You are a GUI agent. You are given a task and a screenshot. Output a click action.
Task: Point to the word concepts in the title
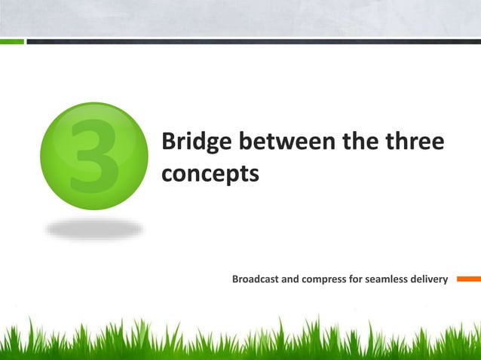coord(210,173)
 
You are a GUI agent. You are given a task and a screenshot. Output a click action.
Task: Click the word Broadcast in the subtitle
coord(256,280)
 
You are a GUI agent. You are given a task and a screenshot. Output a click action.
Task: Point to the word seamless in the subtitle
coord(387,280)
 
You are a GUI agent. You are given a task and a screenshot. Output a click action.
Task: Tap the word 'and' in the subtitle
coord(292,280)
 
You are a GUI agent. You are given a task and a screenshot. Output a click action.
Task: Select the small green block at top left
coord(12,41)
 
